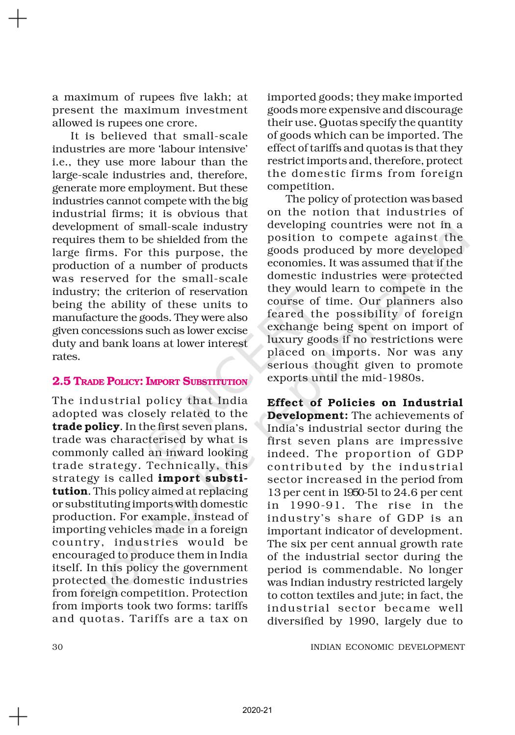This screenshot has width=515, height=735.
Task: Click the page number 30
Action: (57, 647)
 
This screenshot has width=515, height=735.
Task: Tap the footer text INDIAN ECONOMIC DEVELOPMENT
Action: (387, 647)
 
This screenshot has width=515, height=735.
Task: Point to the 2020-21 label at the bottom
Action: (257, 710)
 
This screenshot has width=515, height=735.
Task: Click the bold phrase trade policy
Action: (86, 426)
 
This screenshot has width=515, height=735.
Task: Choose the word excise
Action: (233, 331)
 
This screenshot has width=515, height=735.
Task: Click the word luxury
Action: (284, 340)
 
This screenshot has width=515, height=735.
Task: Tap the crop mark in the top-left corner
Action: (18, 19)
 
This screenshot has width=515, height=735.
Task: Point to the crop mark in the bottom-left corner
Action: (18, 716)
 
